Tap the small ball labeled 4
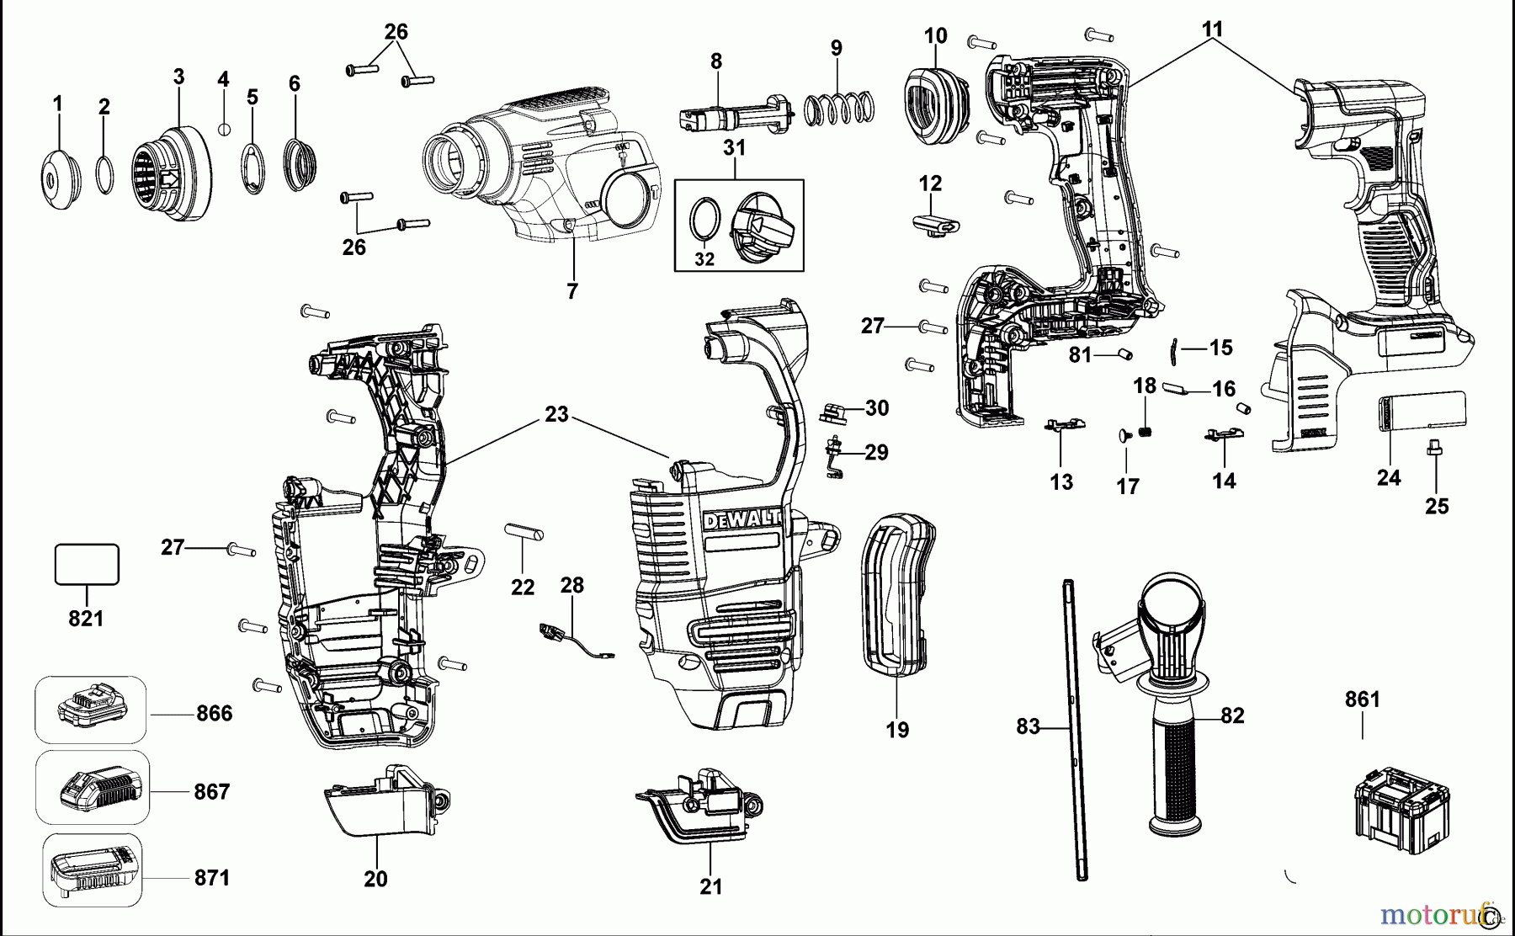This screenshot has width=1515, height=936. click(x=224, y=129)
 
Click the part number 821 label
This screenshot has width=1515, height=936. click(x=86, y=619)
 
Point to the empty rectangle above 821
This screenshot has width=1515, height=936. click(x=87, y=564)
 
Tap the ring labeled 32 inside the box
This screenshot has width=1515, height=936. click(x=704, y=221)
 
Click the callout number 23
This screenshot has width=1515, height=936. click(x=556, y=415)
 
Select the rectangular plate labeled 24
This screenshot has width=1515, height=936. click(x=1422, y=414)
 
